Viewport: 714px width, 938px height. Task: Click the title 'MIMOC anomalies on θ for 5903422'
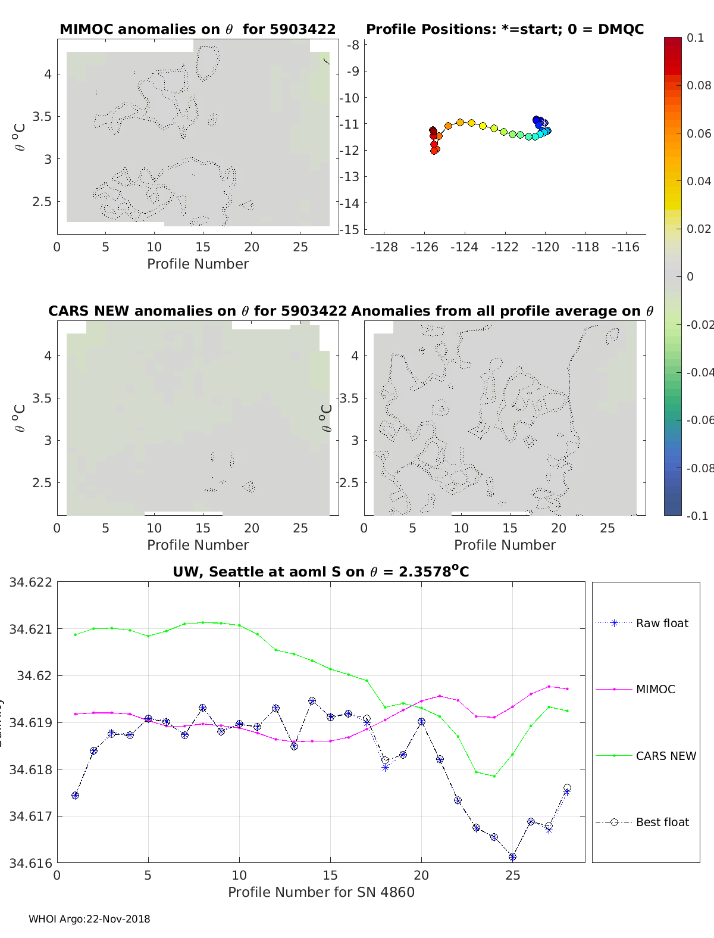point(198,29)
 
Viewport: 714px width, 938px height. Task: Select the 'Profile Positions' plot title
point(505,29)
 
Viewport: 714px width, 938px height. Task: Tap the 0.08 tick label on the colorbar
point(699,85)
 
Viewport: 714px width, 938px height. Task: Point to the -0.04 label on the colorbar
point(700,372)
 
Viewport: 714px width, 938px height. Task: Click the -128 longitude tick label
point(384,247)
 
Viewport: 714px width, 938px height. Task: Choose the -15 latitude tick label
point(352,229)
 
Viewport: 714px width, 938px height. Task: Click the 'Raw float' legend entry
point(662,623)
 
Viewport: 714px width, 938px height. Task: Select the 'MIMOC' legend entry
point(655,689)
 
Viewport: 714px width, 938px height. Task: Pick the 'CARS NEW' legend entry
point(665,756)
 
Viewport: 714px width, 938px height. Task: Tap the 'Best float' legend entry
point(662,822)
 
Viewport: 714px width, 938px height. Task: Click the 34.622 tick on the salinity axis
point(30,582)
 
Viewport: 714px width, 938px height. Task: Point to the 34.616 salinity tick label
point(30,862)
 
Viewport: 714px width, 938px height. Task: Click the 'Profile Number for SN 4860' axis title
point(321,892)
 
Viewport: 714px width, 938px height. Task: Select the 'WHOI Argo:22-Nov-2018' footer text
point(89,919)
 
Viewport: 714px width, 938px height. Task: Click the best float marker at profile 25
point(512,857)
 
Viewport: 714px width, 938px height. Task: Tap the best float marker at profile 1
point(75,796)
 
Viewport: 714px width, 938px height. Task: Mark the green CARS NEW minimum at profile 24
point(494,776)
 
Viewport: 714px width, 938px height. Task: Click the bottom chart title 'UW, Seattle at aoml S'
point(321,572)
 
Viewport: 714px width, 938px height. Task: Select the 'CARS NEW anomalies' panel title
point(197,311)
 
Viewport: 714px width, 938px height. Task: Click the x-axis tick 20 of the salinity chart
point(421,875)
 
